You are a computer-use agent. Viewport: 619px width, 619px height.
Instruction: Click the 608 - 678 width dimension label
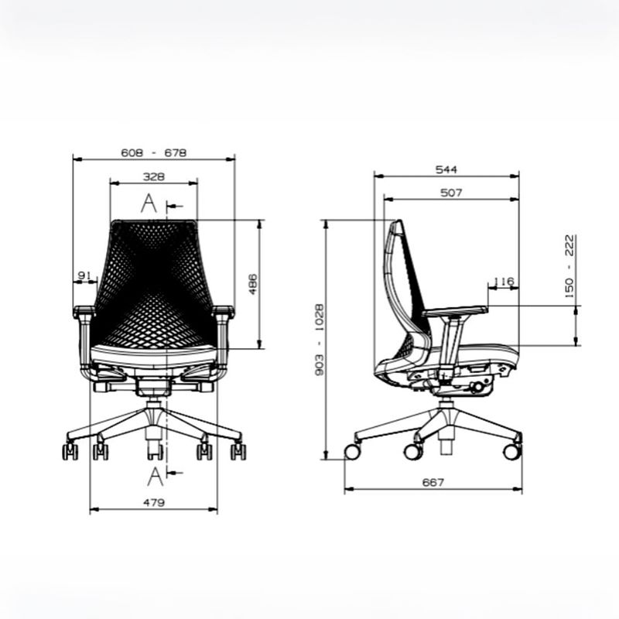click(x=153, y=152)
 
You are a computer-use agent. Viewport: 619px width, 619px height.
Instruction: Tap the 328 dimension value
click(x=153, y=176)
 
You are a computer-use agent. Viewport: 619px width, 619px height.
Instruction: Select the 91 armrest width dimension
click(x=84, y=275)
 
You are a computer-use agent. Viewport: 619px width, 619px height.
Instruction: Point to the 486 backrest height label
click(x=253, y=284)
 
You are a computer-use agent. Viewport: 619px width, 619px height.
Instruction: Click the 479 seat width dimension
click(x=153, y=502)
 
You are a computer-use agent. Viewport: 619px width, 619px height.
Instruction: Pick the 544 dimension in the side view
click(x=446, y=169)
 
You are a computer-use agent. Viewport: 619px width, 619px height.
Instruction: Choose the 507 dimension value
click(x=451, y=193)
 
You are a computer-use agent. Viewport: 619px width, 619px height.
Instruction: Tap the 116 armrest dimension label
click(x=504, y=282)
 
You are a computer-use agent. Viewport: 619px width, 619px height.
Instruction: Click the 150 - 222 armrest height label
click(x=569, y=266)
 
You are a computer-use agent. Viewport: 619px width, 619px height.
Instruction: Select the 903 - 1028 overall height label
click(x=320, y=340)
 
